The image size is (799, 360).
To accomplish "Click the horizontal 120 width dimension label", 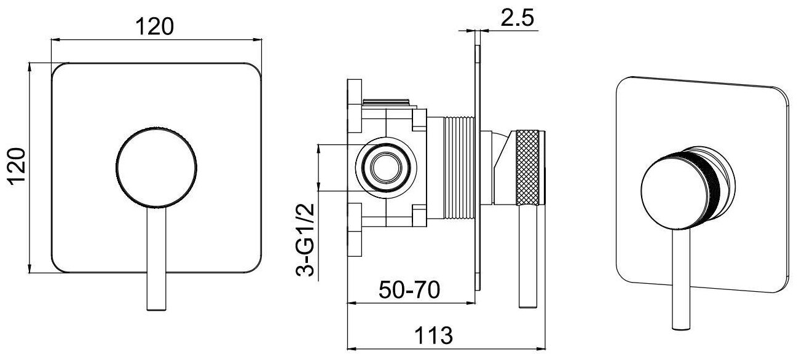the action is tap(155, 26).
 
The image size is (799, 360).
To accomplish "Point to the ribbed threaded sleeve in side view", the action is tap(457, 167).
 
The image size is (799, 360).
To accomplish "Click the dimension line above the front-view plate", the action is tap(155, 39).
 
